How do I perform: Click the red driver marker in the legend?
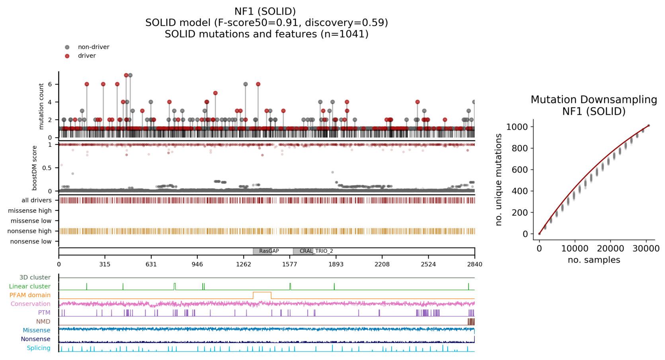click(x=67, y=56)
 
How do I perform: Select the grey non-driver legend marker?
click(x=67, y=47)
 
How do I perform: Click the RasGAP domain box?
click(x=262, y=251)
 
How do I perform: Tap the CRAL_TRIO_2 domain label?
click(x=316, y=251)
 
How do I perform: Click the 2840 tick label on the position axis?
click(x=474, y=264)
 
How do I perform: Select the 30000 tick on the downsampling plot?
click(x=646, y=249)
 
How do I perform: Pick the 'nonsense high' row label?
click(x=29, y=231)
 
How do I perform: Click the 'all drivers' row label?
click(x=36, y=200)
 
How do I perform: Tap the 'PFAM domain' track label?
click(x=30, y=295)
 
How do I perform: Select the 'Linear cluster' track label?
click(x=29, y=286)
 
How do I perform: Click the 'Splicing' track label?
click(x=39, y=348)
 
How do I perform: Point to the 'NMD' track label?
click(x=43, y=321)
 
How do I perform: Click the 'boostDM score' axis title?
click(x=35, y=168)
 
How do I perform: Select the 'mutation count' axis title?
click(x=41, y=106)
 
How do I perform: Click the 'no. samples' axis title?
click(x=594, y=260)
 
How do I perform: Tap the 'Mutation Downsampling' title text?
click(x=594, y=99)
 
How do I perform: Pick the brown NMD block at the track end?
click(x=471, y=321)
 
